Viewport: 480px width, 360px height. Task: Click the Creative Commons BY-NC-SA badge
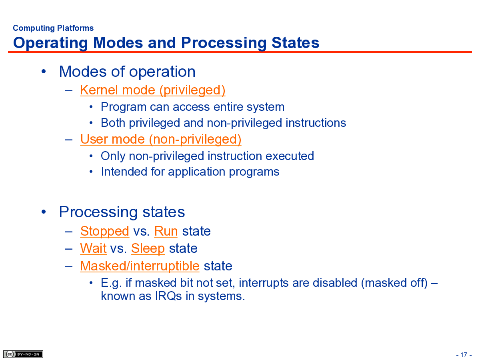coord(23,354)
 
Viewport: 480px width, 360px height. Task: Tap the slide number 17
coord(464,355)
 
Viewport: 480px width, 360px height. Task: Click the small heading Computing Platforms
coord(53,28)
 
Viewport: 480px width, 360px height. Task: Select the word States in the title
coord(295,43)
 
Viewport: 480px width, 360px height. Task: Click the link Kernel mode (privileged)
coord(153,90)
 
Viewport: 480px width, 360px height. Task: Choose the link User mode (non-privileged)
coord(161,139)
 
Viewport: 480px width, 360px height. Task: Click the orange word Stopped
coord(105,232)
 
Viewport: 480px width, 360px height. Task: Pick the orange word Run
coord(166,231)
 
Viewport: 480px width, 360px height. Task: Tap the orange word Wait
coord(93,248)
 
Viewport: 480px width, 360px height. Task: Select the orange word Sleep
coord(148,249)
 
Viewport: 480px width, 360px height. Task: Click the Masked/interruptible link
coord(140,266)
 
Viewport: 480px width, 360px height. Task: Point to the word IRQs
coord(168,296)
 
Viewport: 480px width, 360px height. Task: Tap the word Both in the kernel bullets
coord(113,123)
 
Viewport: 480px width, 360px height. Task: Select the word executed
coord(290,156)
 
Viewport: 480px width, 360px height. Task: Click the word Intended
coord(124,172)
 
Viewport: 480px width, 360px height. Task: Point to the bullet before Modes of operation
coord(44,72)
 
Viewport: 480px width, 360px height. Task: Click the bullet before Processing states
coord(44,212)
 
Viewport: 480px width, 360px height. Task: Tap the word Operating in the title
coord(50,43)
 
